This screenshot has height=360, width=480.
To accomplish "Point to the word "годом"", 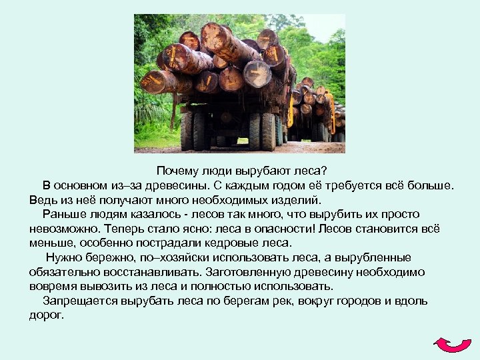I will [270, 185].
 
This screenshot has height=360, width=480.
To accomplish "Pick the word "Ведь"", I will [41, 199].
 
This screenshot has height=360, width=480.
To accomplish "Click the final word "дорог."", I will [47, 315].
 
